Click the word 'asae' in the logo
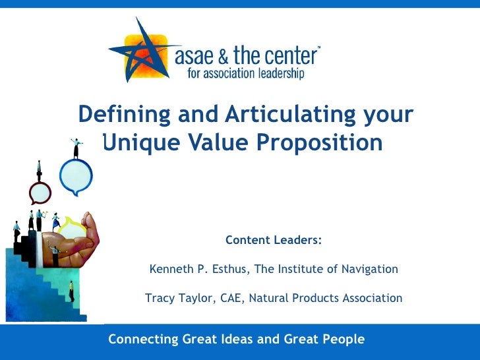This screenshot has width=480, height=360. [x=197, y=55]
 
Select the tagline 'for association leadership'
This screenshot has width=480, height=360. [x=245, y=74]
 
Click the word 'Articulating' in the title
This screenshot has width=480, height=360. [x=287, y=115]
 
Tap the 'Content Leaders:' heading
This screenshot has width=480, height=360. [x=274, y=241]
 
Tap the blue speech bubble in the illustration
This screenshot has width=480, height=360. [x=75, y=175]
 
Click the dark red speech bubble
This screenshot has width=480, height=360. [x=40, y=193]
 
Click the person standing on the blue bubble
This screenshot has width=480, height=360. [x=76, y=148]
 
